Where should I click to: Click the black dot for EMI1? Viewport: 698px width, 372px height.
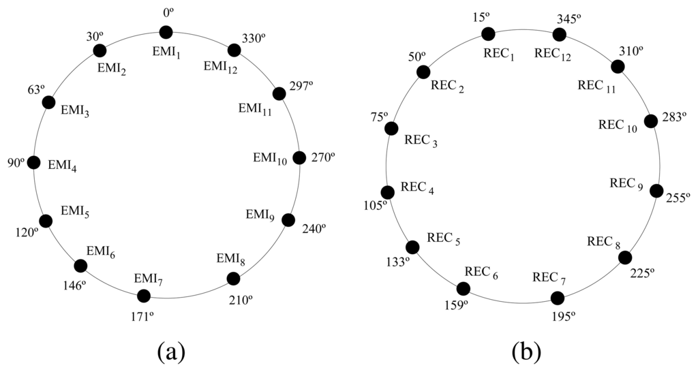click(x=166, y=31)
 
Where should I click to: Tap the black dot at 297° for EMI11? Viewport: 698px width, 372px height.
click(x=278, y=93)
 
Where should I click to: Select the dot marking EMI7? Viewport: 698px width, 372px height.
click(x=143, y=296)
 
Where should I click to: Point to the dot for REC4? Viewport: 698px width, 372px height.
click(x=387, y=193)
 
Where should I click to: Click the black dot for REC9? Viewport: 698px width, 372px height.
click(x=656, y=191)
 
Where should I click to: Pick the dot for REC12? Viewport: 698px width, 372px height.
click(x=560, y=35)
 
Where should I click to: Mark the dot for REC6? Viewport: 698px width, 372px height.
click(x=463, y=289)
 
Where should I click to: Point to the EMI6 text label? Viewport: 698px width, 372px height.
click(x=100, y=252)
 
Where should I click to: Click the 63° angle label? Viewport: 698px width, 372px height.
click(x=36, y=89)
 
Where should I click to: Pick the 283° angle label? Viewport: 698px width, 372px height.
click(x=673, y=117)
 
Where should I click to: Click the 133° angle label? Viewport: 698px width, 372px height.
click(x=397, y=262)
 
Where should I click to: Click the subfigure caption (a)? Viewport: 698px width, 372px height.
click(x=170, y=352)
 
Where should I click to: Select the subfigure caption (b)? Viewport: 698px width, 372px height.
click(x=526, y=352)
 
